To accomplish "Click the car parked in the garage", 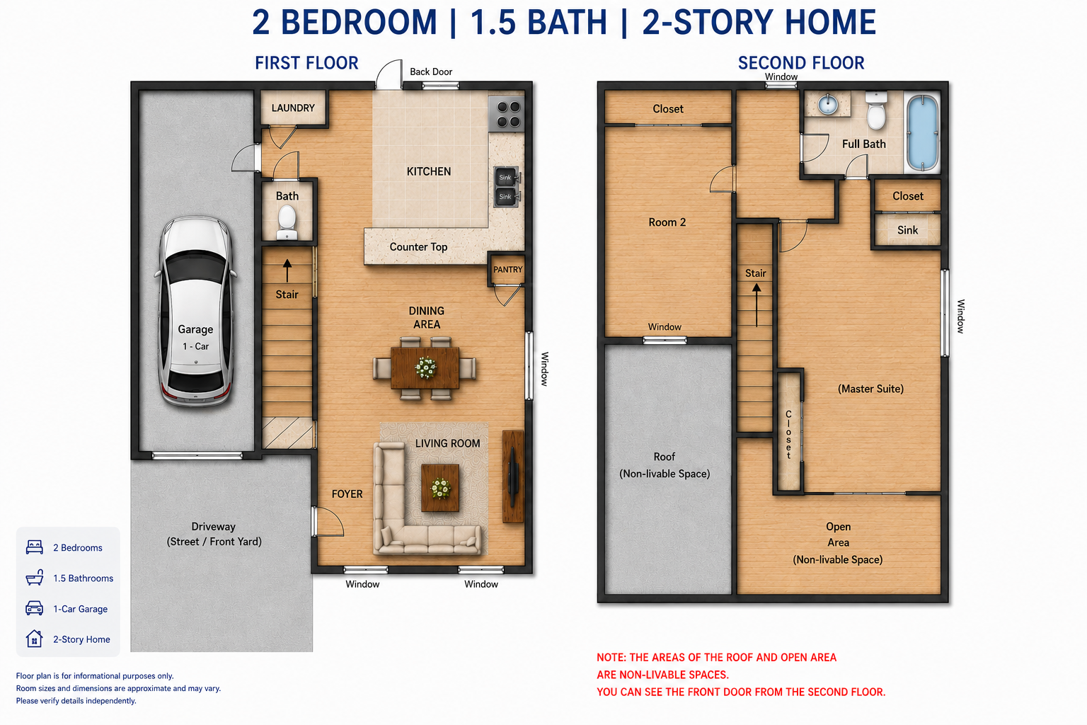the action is pos(195,312).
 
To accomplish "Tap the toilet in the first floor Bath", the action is pos(287,222).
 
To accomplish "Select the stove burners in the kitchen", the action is pos(507,114).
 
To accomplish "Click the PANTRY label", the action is pos(507,270).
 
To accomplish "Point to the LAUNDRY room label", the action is pos(293,108).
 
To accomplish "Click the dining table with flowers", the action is pos(425,367).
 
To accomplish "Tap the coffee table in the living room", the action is pos(440,488).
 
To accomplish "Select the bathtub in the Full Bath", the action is pos(922,132).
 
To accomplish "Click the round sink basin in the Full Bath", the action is pos(827,104).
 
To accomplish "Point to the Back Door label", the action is pos(431,72).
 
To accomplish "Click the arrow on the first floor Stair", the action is pos(287,270).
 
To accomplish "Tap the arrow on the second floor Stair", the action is pos(757,305).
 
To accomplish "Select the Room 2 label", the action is pos(667,222).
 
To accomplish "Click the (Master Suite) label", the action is pos(870,389).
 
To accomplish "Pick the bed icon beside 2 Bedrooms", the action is pos(35,547).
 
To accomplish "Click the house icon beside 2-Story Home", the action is pos(35,639).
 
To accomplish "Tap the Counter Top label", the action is pos(418,246).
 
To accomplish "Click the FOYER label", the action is pos(347,494).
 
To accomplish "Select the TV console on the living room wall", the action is pos(513,476).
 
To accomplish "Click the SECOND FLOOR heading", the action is pos(801,63).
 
